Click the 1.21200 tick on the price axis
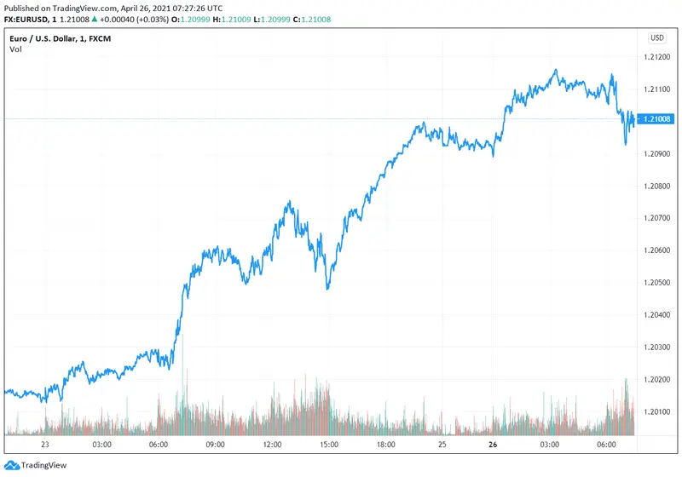pyautogui.click(x=656, y=57)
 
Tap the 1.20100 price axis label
pyautogui.click(x=656, y=411)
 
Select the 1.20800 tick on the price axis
pyautogui.click(x=656, y=186)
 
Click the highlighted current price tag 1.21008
pyautogui.click(x=656, y=119)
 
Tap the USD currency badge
pyautogui.click(x=657, y=37)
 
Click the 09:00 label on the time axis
pyautogui.click(x=215, y=445)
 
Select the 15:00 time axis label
pyautogui.click(x=329, y=445)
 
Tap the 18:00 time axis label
pyautogui.click(x=385, y=445)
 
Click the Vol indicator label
pyautogui.click(x=15, y=49)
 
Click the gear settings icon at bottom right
pyautogui.click(x=656, y=445)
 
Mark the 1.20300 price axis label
pyautogui.click(x=656, y=348)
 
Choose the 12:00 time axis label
pyautogui.click(x=272, y=445)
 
